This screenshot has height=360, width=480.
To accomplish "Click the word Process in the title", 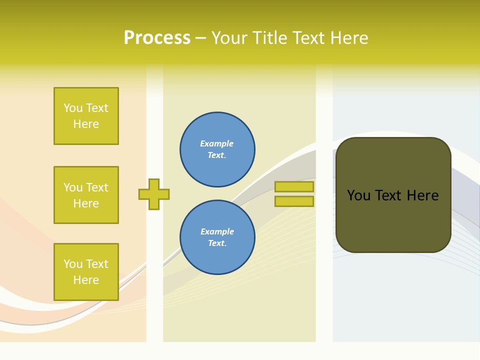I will (157, 38).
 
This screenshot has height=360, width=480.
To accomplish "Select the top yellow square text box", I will (86, 116).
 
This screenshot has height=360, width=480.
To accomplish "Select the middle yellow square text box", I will (86, 195).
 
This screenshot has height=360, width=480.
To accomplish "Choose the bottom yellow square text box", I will (86, 271).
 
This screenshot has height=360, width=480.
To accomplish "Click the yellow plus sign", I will (154, 194).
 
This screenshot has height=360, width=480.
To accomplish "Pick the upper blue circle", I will (217, 149).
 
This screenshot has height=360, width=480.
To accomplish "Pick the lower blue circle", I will (217, 237).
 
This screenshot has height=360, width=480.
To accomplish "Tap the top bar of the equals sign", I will (294, 186).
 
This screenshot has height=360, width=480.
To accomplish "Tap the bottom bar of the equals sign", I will (294, 201).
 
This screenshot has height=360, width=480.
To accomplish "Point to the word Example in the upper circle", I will (216, 143).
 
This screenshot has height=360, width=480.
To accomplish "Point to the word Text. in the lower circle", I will (217, 243).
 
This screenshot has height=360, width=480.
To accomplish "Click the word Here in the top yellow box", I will (86, 124).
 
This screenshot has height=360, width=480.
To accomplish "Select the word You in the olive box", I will (358, 195).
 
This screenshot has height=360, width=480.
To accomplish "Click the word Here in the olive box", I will (422, 195).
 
